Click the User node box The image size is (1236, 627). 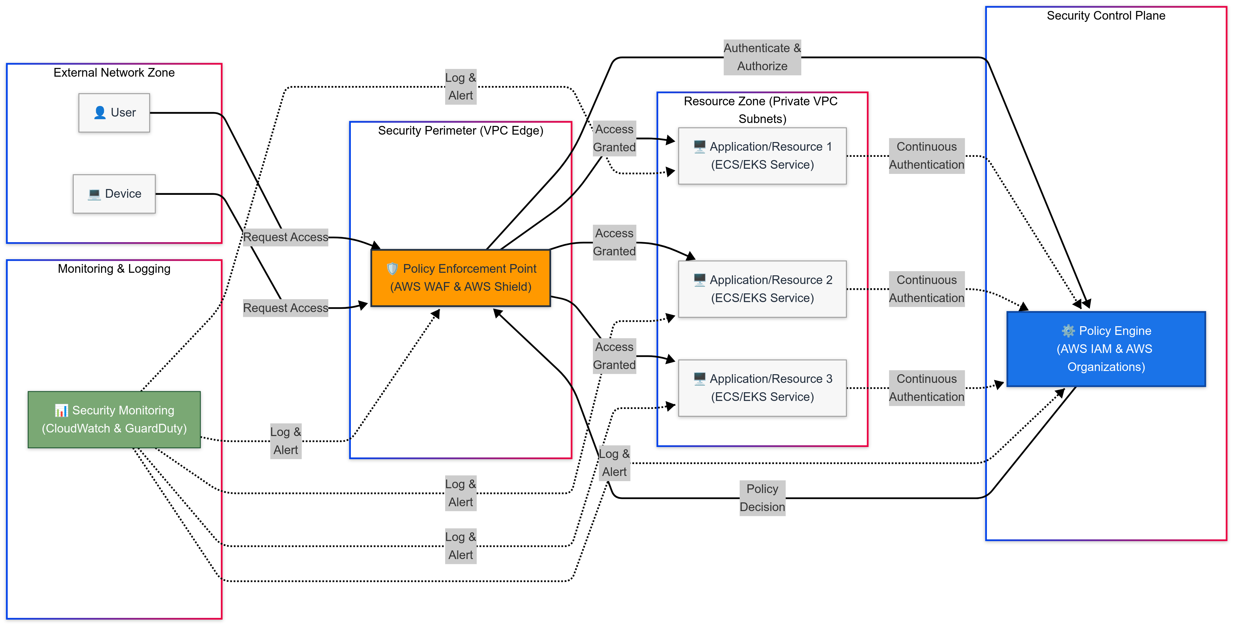(114, 113)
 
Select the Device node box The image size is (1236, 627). (114, 194)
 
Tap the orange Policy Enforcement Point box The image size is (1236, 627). (461, 278)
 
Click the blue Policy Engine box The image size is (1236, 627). (1106, 349)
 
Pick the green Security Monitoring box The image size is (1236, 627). (114, 419)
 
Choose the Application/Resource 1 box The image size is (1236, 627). (762, 156)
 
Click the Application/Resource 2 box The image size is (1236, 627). (762, 289)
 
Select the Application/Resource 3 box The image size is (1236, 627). (762, 388)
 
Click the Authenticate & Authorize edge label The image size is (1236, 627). (762, 57)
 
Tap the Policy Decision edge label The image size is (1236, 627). (762, 498)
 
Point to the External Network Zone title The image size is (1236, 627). (114, 72)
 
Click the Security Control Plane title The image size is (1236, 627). (1106, 16)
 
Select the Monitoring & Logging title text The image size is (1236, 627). (114, 269)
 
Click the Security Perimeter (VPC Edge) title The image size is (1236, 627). (461, 131)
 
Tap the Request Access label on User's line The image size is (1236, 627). (286, 237)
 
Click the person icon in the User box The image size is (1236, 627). (100, 112)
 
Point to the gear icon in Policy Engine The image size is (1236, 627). (1068, 331)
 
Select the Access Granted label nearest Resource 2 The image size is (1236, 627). (614, 242)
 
